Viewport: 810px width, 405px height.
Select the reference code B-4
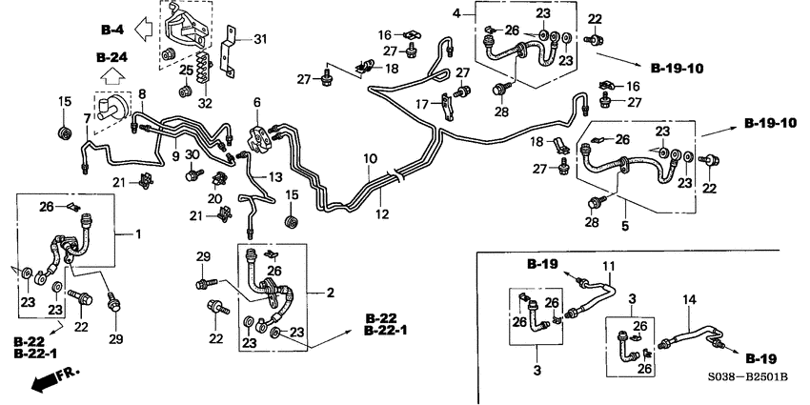point(112,28)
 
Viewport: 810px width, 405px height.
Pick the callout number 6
point(255,101)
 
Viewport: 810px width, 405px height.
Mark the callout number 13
point(275,178)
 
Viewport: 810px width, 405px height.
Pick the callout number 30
point(192,154)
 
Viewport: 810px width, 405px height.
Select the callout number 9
point(176,154)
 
